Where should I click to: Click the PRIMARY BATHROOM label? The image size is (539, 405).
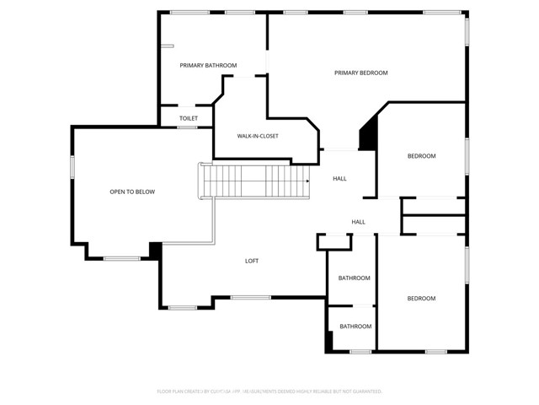tap(208, 65)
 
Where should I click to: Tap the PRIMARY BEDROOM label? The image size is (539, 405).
tap(360, 73)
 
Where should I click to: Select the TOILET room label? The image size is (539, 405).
tap(189, 118)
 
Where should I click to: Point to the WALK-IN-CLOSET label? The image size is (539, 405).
tap(258, 136)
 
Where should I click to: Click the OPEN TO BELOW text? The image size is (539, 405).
tap(132, 192)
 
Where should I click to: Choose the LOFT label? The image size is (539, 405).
tap(252, 261)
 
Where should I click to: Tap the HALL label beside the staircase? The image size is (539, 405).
tap(339, 178)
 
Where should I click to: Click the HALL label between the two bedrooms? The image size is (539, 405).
tap(358, 222)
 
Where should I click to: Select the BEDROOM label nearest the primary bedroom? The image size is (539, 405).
tap(421, 156)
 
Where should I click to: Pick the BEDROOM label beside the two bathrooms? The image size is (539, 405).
tap(421, 298)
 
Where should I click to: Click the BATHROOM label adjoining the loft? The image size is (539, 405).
tap(355, 278)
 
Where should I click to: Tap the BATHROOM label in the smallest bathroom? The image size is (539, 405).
tap(355, 327)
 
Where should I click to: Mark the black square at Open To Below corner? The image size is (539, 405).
tap(155, 251)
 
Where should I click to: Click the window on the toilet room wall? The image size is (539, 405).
tap(187, 127)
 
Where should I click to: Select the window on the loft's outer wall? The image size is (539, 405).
tap(250, 297)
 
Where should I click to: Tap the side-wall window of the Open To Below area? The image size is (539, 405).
tap(73, 166)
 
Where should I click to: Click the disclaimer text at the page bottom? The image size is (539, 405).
tap(269, 391)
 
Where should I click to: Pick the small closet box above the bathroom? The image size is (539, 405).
tap(334, 243)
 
